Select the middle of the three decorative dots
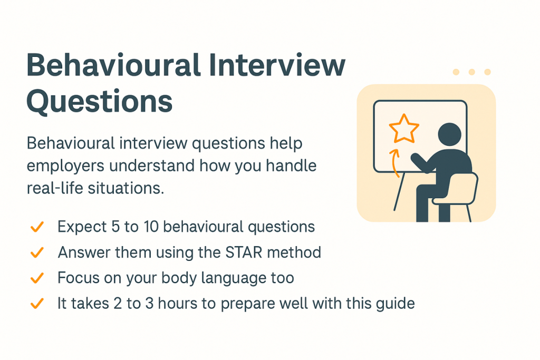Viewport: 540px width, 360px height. click(x=471, y=72)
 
